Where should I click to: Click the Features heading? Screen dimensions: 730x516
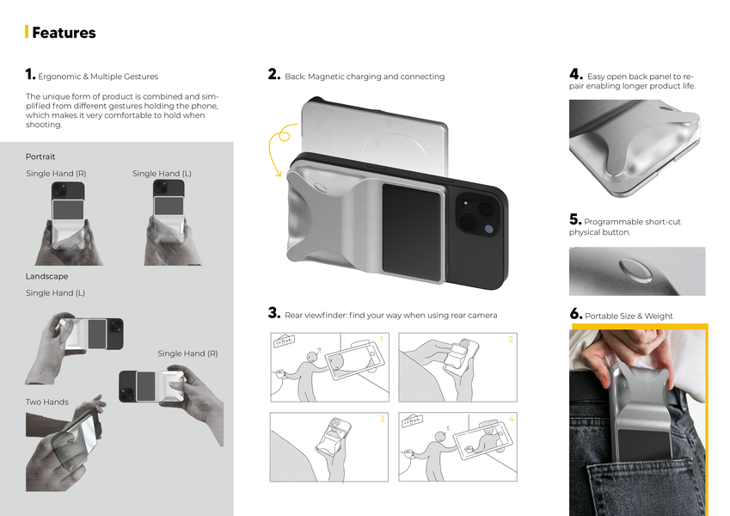tap(64, 33)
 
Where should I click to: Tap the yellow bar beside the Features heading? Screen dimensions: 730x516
tap(27, 32)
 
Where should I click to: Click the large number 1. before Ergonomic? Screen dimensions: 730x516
tap(30, 74)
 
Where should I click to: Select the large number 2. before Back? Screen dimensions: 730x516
tap(273, 74)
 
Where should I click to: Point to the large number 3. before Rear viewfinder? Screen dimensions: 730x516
tap(273, 312)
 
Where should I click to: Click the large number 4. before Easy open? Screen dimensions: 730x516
tap(576, 74)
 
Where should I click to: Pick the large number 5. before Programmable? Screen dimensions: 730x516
tap(575, 219)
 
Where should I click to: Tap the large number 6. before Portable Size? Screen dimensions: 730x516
tap(576, 313)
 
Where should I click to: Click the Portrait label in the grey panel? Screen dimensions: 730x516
tap(40, 157)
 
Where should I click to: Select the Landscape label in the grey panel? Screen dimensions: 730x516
tap(46, 276)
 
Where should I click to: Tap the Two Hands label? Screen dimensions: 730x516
tap(47, 402)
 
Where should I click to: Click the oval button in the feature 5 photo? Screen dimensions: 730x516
tap(635, 271)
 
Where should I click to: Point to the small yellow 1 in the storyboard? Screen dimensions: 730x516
tap(381, 339)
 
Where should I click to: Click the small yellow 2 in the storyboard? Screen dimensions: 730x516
tap(511, 339)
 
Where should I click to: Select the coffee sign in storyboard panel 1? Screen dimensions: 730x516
tap(284, 341)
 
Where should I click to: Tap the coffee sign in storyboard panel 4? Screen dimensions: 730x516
tap(413, 420)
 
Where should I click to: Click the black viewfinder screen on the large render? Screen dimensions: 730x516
tap(412, 233)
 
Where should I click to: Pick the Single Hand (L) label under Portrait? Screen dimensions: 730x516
tap(162, 173)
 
